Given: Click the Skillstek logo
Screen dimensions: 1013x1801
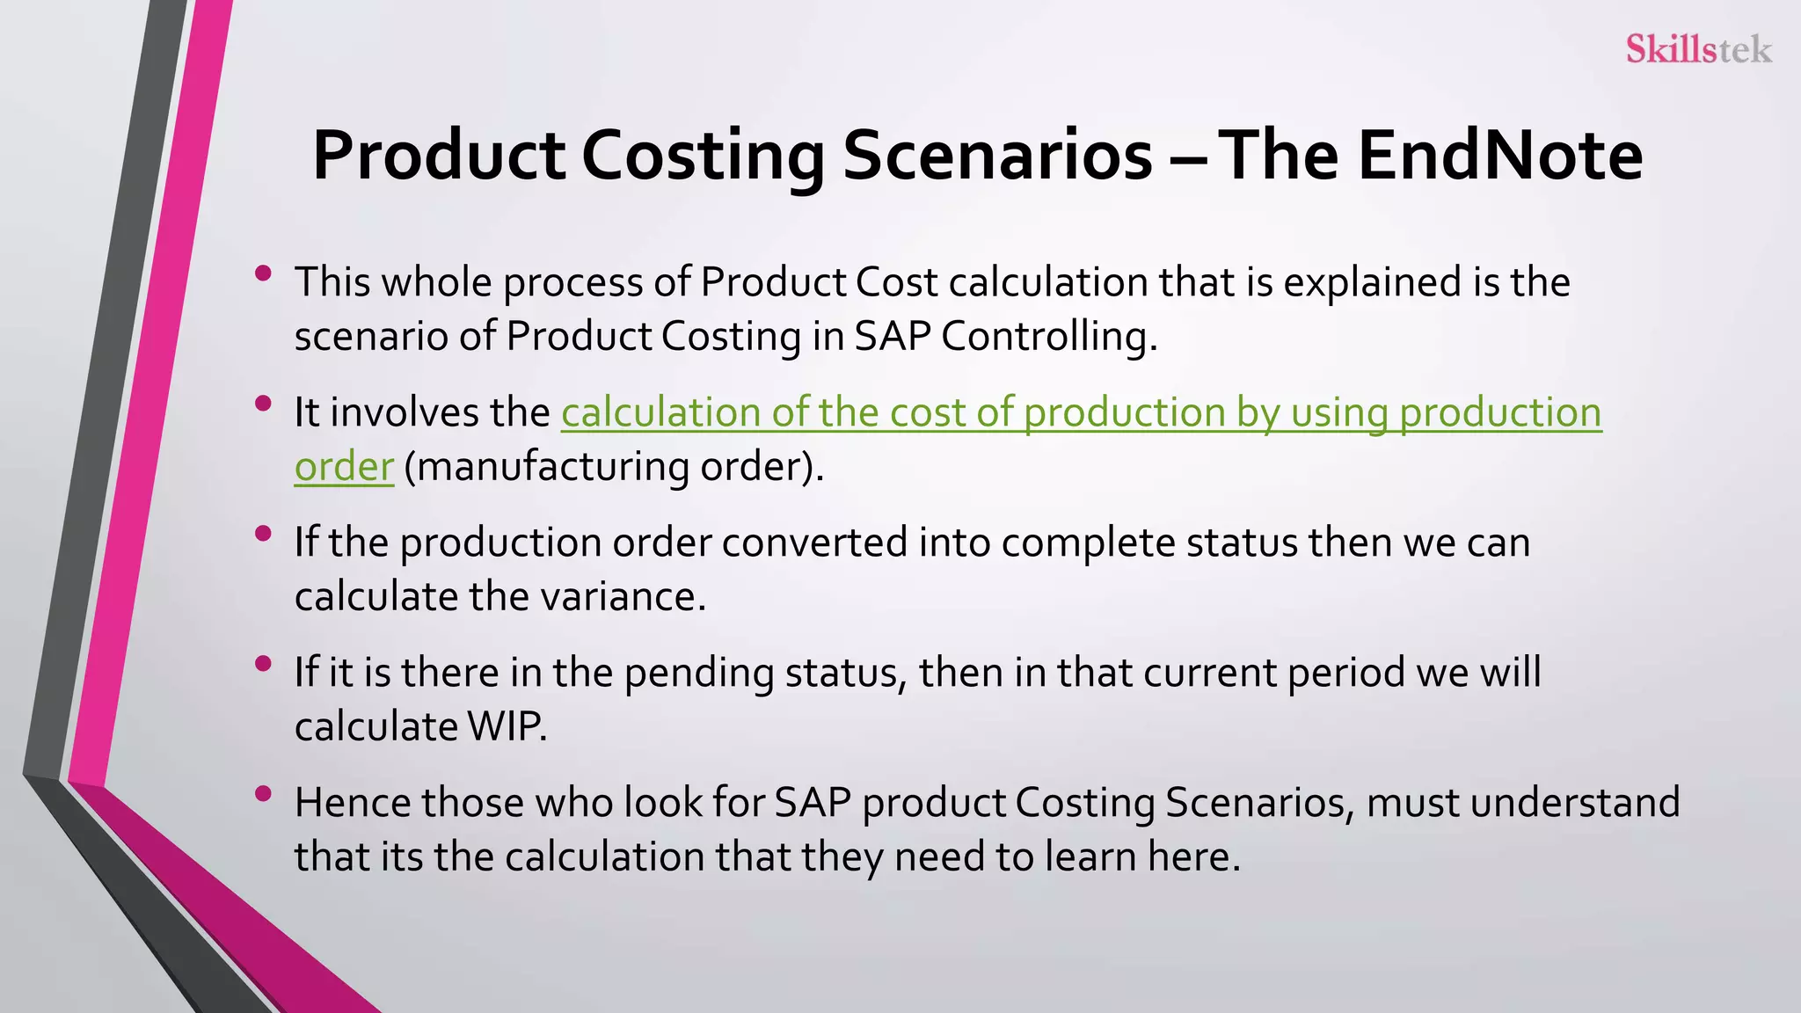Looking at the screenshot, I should tap(1698, 48).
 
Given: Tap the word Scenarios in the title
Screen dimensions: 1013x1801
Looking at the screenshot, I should tap(997, 156).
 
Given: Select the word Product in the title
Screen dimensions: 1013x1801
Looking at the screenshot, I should tap(439, 156).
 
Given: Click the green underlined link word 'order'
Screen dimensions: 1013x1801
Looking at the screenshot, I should tap(344, 466).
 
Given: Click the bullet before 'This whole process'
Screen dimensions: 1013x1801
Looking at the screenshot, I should tap(262, 273).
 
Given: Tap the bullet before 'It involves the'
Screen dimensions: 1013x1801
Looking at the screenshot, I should tap(262, 404).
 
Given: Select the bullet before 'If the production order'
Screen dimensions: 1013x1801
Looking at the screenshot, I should tap(262, 534).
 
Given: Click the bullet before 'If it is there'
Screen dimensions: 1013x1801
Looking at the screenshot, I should tap(262, 664).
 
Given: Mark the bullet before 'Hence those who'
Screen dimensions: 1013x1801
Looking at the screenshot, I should tap(262, 794).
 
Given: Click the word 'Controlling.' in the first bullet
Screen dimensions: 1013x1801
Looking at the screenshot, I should tap(1048, 337).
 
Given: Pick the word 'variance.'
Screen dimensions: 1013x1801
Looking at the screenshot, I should tap(623, 597).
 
